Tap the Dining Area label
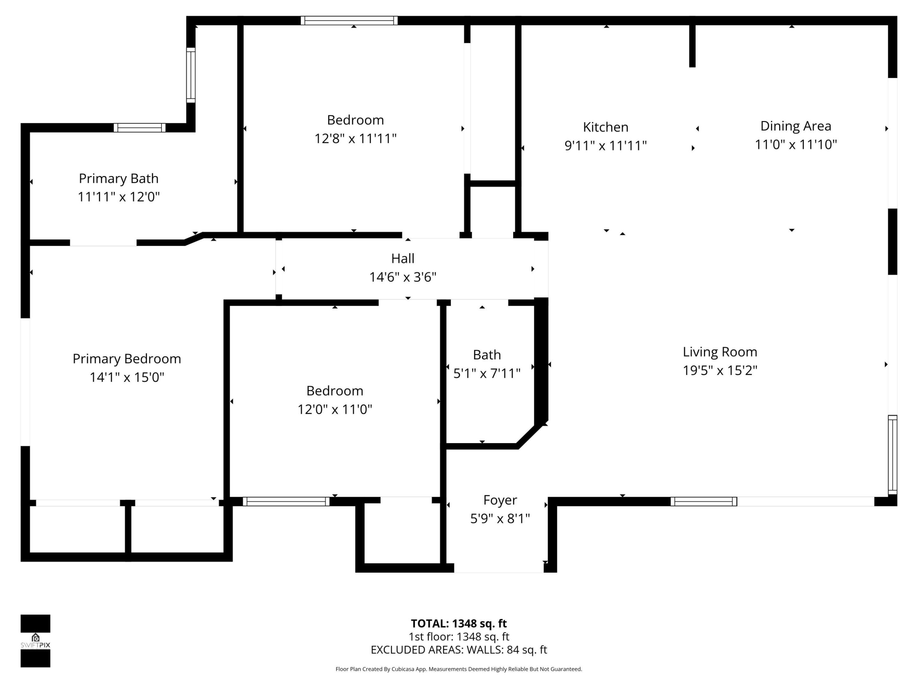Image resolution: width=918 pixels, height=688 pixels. coord(795,126)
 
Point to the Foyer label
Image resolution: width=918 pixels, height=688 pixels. coord(500,500)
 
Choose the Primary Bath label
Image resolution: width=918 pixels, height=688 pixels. coord(119,178)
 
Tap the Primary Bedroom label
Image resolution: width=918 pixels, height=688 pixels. coord(127,359)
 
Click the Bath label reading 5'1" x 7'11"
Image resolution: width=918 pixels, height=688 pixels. coord(486,373)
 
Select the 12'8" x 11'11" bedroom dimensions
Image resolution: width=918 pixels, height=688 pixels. coord(355,139)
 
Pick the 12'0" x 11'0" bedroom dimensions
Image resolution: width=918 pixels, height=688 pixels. coord(334,410)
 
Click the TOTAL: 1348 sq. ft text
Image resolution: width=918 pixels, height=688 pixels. coord(459,623)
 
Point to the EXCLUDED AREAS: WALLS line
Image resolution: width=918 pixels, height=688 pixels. coord(459,650)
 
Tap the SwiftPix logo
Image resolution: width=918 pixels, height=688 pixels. coord(35,641)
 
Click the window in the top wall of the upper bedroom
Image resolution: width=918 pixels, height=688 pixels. coord(349,21)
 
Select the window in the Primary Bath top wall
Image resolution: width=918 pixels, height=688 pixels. coord(139,128)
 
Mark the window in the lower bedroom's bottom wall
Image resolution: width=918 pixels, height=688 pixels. coord(286,501)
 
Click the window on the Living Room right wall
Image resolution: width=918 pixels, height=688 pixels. coord(892,455)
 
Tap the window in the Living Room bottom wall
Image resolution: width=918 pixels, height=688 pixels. coord(703,501)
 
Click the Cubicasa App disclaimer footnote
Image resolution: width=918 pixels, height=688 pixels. coord(459,669)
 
